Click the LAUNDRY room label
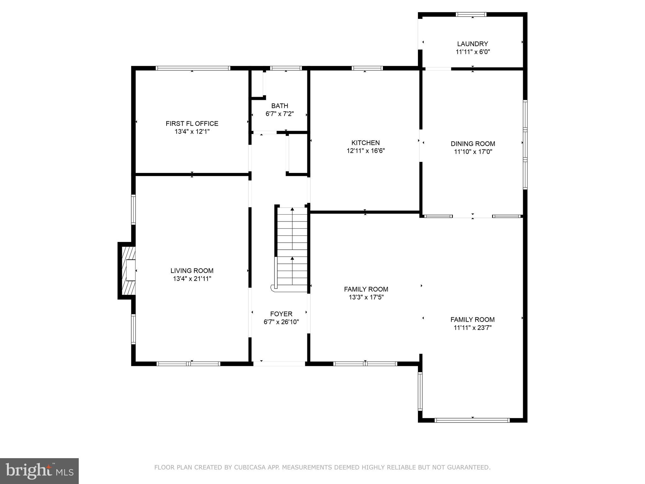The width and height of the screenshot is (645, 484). point(472,44)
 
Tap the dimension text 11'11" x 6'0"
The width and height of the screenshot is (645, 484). point(472,52)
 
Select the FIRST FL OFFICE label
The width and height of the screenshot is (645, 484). point(192,124)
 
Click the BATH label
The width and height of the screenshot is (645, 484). point(279,106)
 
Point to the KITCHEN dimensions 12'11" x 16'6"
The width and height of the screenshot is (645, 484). point(366,151)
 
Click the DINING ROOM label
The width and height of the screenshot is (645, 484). point(473,144)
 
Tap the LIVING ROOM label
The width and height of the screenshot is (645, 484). point(192,271)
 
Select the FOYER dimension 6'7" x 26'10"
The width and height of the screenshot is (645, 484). point(281,322)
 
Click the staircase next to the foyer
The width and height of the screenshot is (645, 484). point(292,249)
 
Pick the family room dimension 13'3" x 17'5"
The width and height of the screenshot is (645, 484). point(366,297)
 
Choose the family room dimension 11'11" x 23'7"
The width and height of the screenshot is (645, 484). point(472,328)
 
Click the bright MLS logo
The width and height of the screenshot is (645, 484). point(39,471)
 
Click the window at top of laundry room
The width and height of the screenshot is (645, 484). point(471,14)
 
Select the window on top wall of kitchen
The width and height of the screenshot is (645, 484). point(367,68)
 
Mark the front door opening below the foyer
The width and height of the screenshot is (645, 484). point(279,364)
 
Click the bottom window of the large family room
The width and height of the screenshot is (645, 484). point(472,420)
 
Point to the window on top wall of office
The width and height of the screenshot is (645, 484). point(193,68)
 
